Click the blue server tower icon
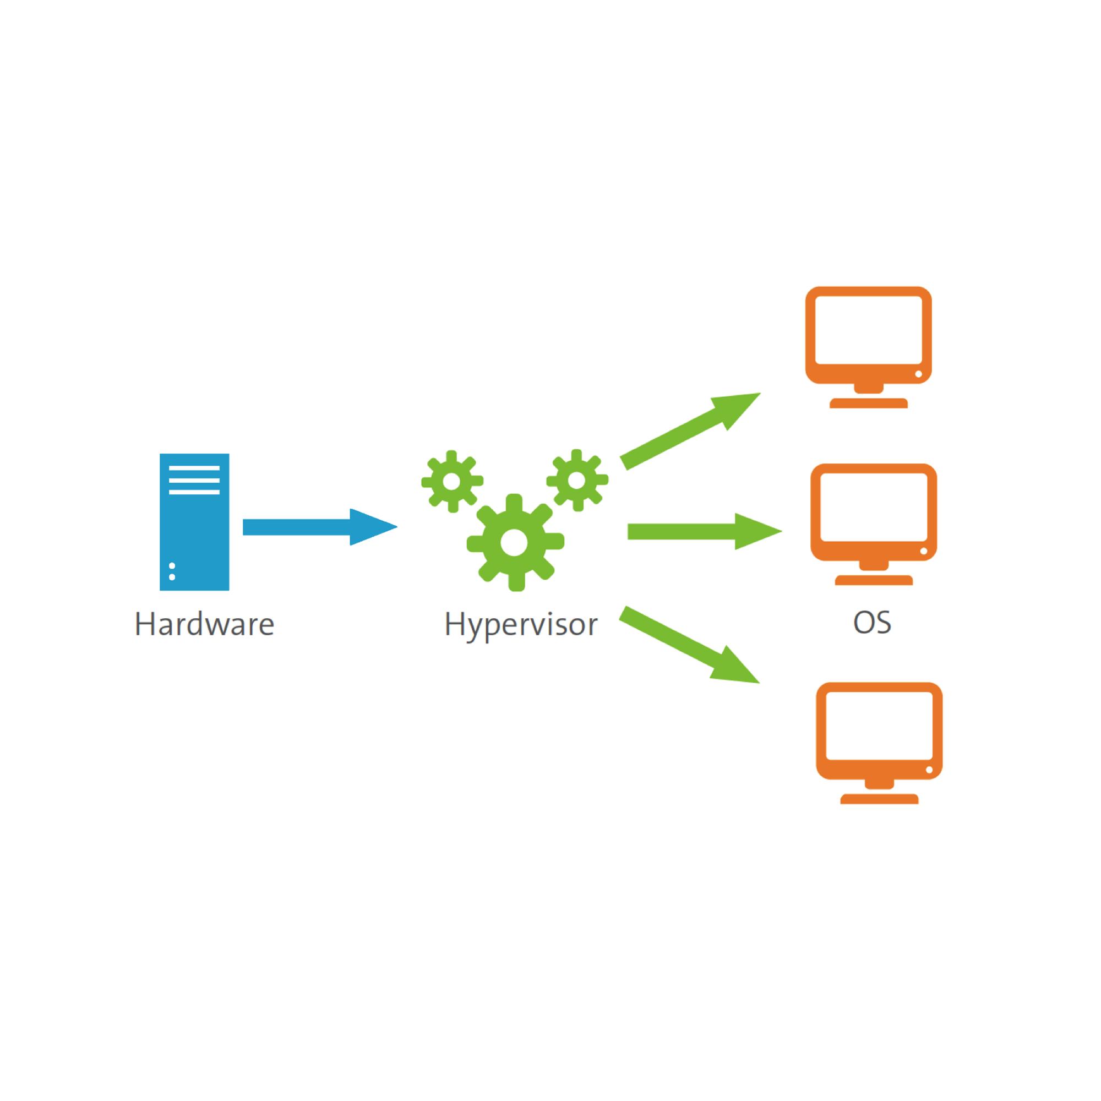coord(194,522)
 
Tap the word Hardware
coord(205,624)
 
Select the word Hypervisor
coord(521,625)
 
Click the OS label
coord(872,622)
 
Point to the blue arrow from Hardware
coord(320,527)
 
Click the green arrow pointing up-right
coord(691,431)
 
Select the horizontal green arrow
coord(705,531)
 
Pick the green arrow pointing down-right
coord(690,645)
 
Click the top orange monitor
coord(868,347)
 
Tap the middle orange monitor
coord(874,524)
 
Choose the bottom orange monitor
coord(879,743)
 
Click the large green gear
coord(515,542)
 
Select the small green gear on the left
coord(452,482)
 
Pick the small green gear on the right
coord(577,481)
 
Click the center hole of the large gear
coord(515,542)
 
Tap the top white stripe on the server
coord(194,468)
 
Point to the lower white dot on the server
coord(172,577)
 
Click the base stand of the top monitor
coord(868,404)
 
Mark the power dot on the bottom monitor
coord(929,770)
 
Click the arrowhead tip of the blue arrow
coord(397,527)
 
